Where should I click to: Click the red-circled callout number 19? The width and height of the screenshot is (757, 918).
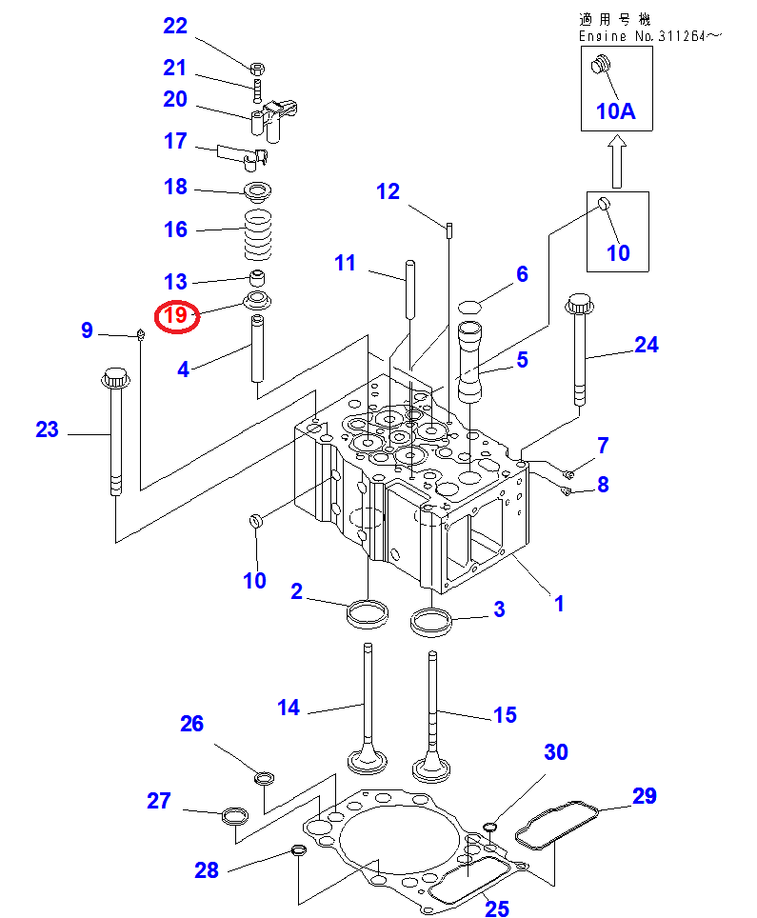[175, 316]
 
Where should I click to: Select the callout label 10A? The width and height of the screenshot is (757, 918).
[615, 111]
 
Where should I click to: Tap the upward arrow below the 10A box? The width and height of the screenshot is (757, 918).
[617, 162]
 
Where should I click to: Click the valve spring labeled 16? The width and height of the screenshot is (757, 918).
[258, 235]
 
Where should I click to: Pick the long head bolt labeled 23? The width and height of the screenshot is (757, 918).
[115, 431]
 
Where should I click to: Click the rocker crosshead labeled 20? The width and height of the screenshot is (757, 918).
[273, 120]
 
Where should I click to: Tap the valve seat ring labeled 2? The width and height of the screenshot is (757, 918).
[368, 614]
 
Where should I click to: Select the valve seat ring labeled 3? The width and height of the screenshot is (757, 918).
[431, 623]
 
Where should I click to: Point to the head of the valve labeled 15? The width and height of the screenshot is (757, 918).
[431, 767]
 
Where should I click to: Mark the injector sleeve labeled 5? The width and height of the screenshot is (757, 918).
[468, 362]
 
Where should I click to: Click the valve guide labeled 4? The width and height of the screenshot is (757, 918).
[257, 349]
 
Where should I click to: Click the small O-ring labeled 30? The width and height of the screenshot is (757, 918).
[490, 827]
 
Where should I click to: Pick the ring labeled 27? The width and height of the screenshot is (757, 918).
[235, 815]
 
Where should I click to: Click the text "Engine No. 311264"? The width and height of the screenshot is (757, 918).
[642, 36]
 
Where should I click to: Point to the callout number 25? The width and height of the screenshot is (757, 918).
[496, 908]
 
